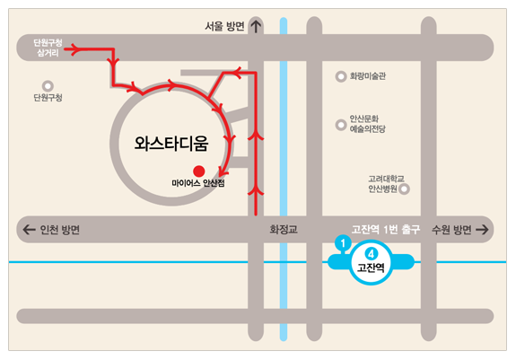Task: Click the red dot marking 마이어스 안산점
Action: click(x=199, y=171)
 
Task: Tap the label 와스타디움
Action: click(x=171, y=142)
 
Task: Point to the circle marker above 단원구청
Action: click(x=37, y=85)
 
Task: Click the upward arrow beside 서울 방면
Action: click(x=256, y=26)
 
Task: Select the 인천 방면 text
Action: click(x=60, y=230)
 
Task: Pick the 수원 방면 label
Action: click(x=451, y=230)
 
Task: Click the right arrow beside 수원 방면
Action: click(x=483, y=230)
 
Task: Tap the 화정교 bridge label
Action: click(x=283, y=230)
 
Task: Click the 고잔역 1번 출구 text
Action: click(x=386, y=229)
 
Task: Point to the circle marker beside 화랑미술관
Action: click(x=340, y=77)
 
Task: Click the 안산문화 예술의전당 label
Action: click(x=367, y=124)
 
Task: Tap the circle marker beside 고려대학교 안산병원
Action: click(x=404, y=189)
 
